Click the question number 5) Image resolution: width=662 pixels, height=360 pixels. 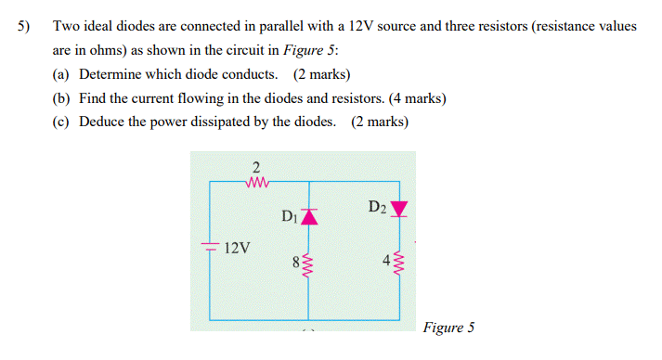(x=24, y=27)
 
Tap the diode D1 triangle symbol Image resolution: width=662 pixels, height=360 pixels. (x=308, y=217)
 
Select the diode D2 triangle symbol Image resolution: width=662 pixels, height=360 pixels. (x=399, y=209)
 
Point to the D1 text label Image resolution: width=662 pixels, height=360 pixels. (x=289, y=217)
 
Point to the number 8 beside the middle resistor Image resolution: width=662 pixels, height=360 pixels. (x=295, y=263)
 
